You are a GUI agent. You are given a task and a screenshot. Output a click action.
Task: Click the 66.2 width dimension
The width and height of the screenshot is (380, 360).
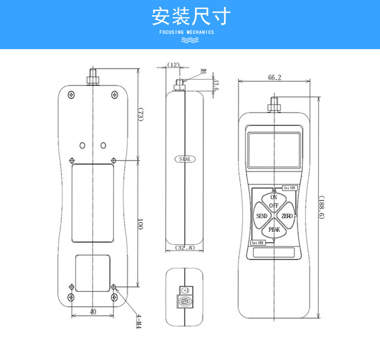pyautogui.click(x=274, y=77)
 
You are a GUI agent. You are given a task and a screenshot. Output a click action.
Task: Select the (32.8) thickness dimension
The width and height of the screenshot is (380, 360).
pyautogui.click(x=184, y=248)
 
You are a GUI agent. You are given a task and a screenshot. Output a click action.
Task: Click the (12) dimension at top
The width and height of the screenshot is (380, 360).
pyautogui.click(x=173, y=65)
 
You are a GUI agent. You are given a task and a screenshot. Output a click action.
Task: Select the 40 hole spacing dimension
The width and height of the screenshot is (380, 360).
pyautogui.click(x=93, y=312)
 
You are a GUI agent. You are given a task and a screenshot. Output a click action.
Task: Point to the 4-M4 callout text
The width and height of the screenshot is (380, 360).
pyautogui.click(x=138, y=320)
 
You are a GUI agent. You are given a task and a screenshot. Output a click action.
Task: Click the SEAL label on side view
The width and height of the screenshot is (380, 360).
pyautogui.click(x=184, y=159)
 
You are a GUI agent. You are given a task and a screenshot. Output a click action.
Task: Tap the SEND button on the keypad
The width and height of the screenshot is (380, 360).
pyautogui.click(x=261, y=216)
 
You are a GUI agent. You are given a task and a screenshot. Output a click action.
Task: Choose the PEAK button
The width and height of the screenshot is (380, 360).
pyautogui.click(x=274, y=230)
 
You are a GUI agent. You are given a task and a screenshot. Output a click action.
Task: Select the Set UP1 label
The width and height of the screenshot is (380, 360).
pyautogui.click(x=289, y=188)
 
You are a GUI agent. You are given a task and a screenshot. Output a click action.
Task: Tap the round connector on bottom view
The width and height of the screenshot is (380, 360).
pyautogui.click(x=184, y=302)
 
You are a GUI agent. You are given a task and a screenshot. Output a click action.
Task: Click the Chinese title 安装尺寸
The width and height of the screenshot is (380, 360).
pyautogui.click(x=190, y=16)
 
